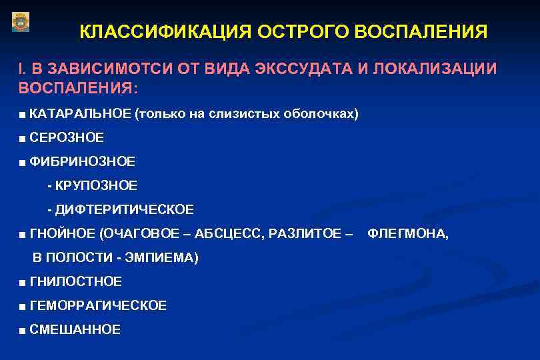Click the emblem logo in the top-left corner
pyautogui.click(x=21, y=22)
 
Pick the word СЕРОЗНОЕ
pyautogui.click(x=67, y=137)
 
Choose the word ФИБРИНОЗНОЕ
pyautogui.click(x=83, y=161)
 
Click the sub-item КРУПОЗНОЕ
pyautogui.click(x=96, y=185)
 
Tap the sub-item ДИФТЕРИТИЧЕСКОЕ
pyautogui.click(x=124, y=210)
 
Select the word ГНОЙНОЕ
pyautogui.click(x=62, y=234)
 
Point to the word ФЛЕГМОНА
pyautogui.click(x=408, y=234)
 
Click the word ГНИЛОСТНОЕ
pyautogui.click(x=76, y=282)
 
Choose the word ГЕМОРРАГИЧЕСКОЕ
pyautogui.click(x=99, y=306)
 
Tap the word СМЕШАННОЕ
pyautogui.click(x=75, y=329)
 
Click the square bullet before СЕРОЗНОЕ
pyautogui.click(x=23, y=138)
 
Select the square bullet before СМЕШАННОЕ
pyautogui.click(x=23, y=330)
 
